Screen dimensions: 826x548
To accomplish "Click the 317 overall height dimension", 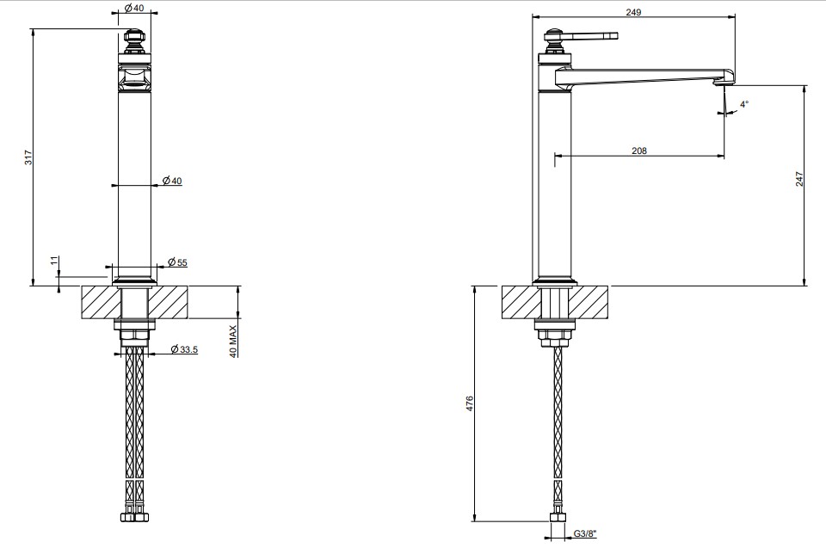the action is click(28, 157).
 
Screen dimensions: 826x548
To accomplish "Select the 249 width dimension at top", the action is click(634, 11).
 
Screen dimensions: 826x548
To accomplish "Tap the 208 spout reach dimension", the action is click(639, 151).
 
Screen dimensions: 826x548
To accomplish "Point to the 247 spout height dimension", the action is click(799, 179).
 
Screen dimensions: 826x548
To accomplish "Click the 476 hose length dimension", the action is click(470, 403).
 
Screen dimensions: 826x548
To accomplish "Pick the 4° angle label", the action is click(743, 104).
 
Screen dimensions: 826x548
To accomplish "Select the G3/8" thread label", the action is click(585, 533).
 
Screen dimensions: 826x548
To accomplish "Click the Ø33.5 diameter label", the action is click(184, 348).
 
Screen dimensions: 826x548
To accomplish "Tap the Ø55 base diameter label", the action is click(177, 262).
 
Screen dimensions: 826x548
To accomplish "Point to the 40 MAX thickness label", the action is click(233, 341).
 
